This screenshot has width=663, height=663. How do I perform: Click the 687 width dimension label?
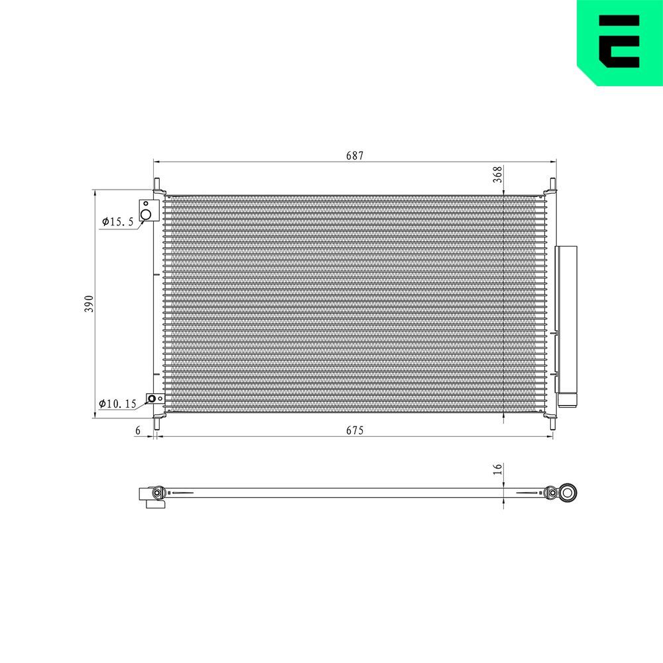click(x=355, y=155)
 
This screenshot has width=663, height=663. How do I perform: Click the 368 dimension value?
click(x=498, y=174)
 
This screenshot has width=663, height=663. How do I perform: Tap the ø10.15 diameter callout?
click(x=117, y=403)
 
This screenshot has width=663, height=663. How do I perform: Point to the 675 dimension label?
click(x=355, y=431)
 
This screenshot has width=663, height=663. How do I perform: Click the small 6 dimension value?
click(x=138, y=431)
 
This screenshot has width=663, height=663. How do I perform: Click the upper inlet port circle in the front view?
click(x=147, y=214)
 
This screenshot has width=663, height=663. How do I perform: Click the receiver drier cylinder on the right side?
click(x=566, y=318)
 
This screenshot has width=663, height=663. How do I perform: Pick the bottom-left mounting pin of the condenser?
click(x=157, y=423)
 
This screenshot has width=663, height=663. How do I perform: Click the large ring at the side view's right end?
click(x=568, y=492)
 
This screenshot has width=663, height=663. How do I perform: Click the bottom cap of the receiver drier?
click(x=567, y=399)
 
